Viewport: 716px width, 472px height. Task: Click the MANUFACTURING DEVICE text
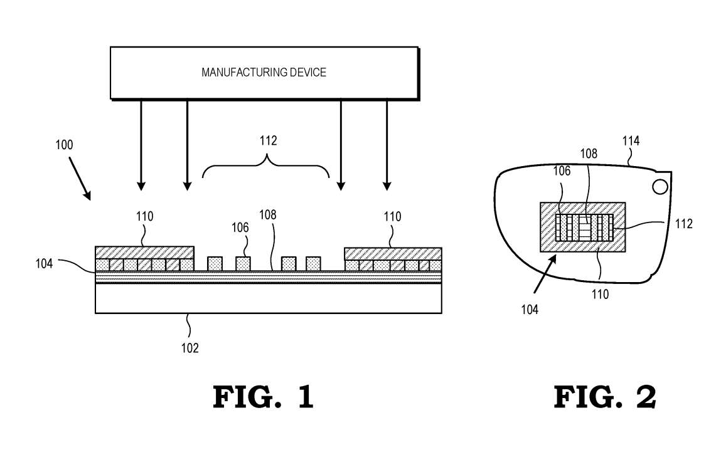point(264,73)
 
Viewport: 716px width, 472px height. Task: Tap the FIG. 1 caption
point(263,397)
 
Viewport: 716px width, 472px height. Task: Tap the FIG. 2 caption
point(604,397)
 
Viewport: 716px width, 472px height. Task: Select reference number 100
point(63,145)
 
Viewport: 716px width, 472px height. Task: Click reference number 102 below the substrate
point(190,347)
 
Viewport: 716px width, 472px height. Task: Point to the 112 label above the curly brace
point(268,141)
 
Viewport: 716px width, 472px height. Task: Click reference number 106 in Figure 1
point(240,228)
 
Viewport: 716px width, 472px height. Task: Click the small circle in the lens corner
point(660,186)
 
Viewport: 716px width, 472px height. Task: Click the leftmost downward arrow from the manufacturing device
point(141,144)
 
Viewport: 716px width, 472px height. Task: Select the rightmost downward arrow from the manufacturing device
point(387,144)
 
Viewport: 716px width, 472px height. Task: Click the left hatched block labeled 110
point(144,252)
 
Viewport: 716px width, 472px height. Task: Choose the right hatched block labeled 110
point(393,253)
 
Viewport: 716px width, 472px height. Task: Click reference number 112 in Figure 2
point(684,223)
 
